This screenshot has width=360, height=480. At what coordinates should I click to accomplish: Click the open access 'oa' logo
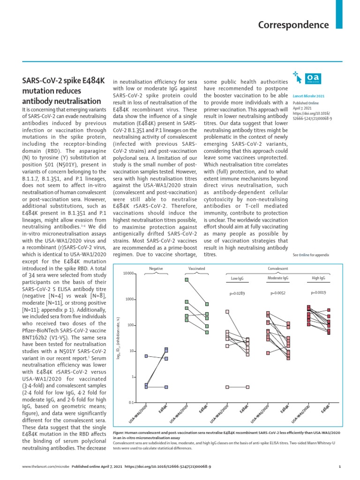(x=312, y=77)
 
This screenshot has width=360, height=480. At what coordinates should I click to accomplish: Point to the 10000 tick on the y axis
(x=128, y=273)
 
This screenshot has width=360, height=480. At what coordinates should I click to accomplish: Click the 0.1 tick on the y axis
(x=131, y=403)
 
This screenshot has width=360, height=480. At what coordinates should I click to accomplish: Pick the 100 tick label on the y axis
(x=131, y=325)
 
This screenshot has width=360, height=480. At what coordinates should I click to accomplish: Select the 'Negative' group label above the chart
(x=156, y=269)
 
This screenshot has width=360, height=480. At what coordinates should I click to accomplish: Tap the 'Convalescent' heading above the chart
(x=277, y=269)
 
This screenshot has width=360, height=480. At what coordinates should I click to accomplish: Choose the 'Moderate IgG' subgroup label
(x=277, y=278)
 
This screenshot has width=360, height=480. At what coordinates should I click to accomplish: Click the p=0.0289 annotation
(x=238, y=294)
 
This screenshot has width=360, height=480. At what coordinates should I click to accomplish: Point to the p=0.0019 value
(x=319, y=292)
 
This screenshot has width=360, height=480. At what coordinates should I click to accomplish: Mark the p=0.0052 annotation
(x=278, y=293)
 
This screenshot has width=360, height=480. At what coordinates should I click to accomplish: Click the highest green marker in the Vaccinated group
(x=187, y=280)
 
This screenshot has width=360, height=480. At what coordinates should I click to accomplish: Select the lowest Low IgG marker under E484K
(x=247, y=387)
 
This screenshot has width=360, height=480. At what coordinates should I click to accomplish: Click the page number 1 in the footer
(x=339, y=466)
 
